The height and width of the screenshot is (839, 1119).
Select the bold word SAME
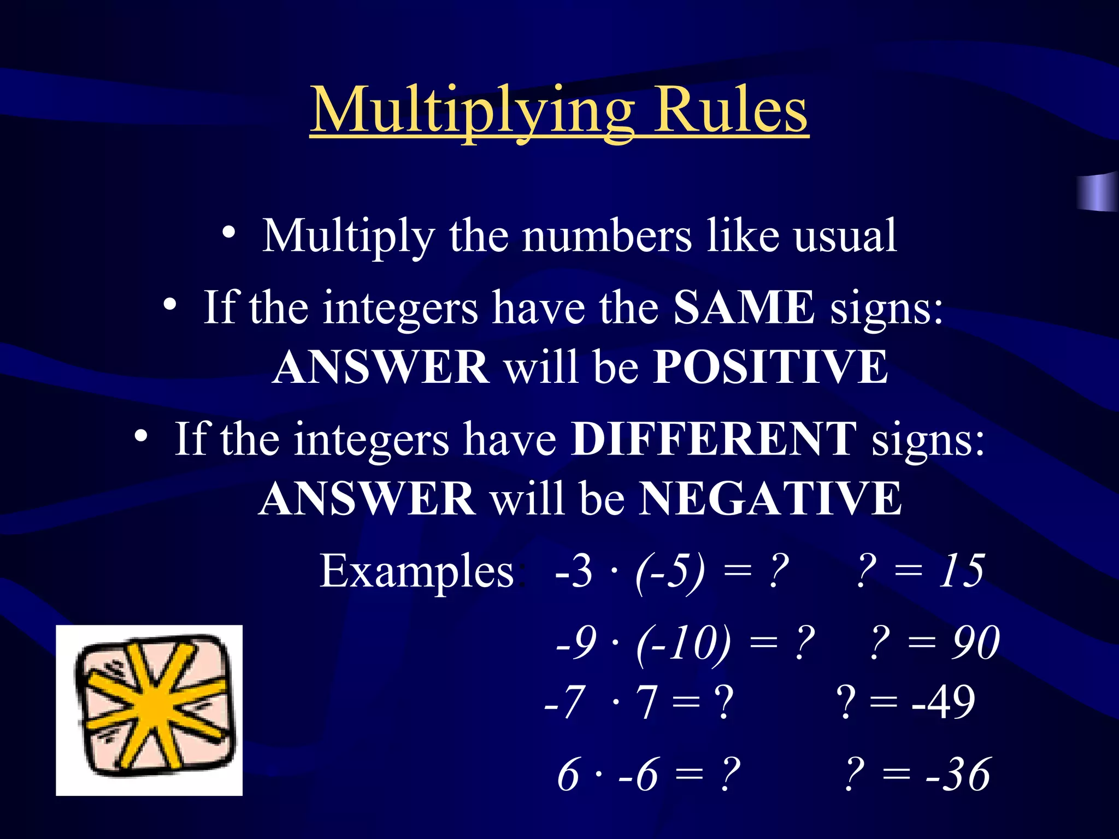744,308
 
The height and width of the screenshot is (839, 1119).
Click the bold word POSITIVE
770,367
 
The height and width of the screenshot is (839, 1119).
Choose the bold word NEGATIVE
770,498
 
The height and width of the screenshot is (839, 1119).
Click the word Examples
416,571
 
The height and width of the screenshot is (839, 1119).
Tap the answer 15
961,571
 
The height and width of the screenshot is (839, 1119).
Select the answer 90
976,643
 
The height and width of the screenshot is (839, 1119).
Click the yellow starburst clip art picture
149,710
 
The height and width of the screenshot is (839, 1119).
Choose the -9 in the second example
576,643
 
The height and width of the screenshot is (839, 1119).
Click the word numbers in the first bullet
606,236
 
